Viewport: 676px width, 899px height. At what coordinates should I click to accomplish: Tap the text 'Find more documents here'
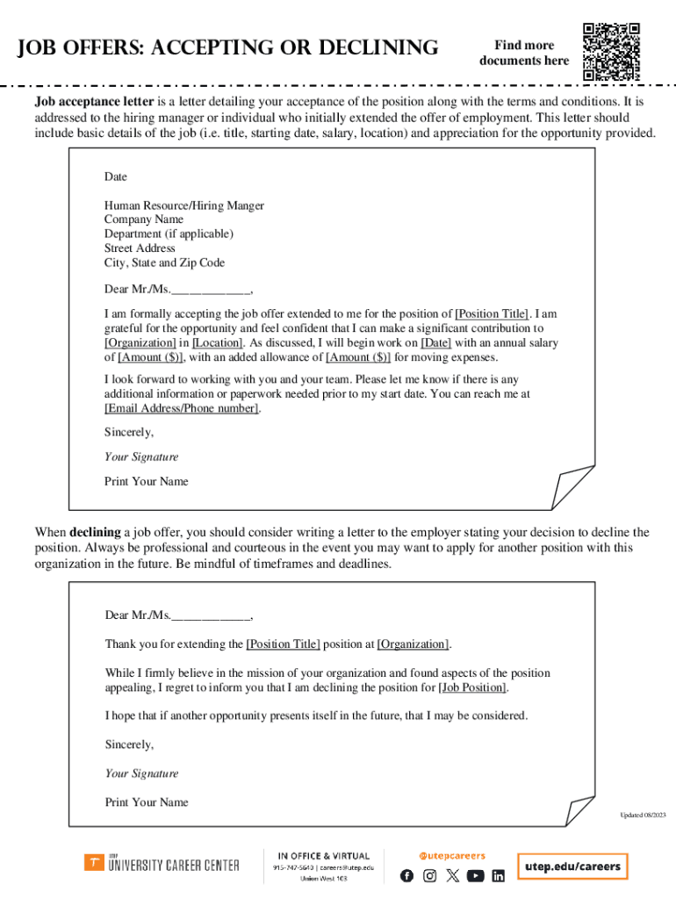pyautogui.click(x=524, y=53)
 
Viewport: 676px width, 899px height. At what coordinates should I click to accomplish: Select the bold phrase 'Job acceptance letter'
pyautogui.click(x=94, y=102)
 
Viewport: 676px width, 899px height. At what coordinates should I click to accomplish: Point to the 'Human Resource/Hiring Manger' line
pyautogui.click(x=183, y=205)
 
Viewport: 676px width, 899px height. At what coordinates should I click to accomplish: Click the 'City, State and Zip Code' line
pyautogui.click(x=164, y=263)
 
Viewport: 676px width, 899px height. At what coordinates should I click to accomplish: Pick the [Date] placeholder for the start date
pyautogui.click(x=436, y=343)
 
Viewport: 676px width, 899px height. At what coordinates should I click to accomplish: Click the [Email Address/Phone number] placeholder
pyautogui.click(x=182, y=409)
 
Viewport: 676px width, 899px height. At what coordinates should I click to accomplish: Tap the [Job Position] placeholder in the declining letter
pyautogui.click(x=473, y=687)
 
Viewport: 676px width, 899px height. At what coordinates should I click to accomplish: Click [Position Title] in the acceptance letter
pyautogui.click(x=492, y=313)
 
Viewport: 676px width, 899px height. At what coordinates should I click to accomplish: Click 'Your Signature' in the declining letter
pyautogui.click(x=141, y=773)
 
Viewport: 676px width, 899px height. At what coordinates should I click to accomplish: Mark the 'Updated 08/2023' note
pyautogui.click(x=643, y=816)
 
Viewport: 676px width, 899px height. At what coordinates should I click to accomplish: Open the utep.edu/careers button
pyautogui.click(x=572, y=867)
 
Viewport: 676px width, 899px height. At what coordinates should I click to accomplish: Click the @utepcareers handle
pyautogui.click(x=451, y=855)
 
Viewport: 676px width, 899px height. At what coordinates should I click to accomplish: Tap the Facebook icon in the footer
pyautogui.click(x=406, y=875)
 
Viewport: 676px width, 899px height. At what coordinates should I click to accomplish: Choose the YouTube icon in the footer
pyautogui.click(x=475, y=875)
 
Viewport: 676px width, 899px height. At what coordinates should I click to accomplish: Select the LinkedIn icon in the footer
pyautogui.click(x=499, y=875)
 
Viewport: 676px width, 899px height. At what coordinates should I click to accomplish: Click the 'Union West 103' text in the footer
pyautogui.click(x=324, y=878)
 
